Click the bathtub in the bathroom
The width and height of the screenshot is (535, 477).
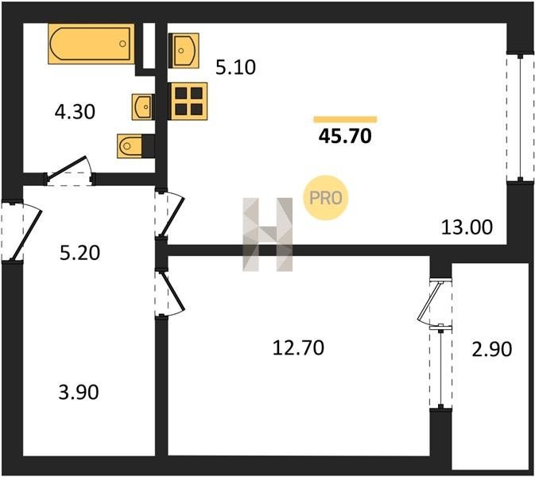[91, 44]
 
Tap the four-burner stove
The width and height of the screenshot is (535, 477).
[188, 101]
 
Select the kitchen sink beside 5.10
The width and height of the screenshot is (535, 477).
[184, 51]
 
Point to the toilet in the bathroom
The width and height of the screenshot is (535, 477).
[135, 146]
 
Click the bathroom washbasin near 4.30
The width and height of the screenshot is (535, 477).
[142, 107]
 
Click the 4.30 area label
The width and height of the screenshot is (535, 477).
[75, 112]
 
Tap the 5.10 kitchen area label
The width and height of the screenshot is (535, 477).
[236, 68]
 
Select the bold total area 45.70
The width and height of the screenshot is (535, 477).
[345, 136]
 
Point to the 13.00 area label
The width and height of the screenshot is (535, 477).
[467, 227]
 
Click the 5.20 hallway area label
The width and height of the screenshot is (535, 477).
[79, 253]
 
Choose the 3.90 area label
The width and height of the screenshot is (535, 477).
[79, 392]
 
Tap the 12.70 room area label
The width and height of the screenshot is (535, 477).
[299, 348]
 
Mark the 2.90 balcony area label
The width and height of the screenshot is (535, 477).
[492, 349]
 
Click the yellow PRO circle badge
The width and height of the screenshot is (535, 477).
[325, 197]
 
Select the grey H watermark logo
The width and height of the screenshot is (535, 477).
[267, 235]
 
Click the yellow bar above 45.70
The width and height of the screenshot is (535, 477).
[345, 119]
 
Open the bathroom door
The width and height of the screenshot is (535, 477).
[69, 169]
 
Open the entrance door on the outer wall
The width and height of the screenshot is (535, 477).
[21, 231]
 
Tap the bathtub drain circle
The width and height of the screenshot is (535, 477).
[123, 44]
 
